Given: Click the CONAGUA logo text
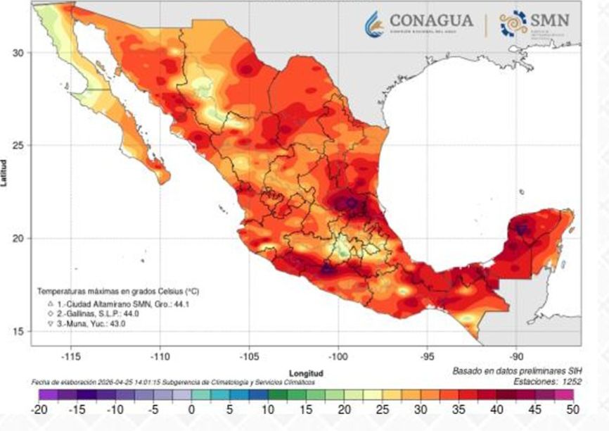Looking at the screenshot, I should point(431,22).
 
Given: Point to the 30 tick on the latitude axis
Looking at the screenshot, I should point(20,53).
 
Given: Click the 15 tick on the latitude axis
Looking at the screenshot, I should point(20,331).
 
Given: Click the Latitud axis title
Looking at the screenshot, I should point(6,173).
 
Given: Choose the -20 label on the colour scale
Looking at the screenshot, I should point(39,408).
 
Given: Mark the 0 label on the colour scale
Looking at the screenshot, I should point(191,408).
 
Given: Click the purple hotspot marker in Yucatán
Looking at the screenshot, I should point(521,230).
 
